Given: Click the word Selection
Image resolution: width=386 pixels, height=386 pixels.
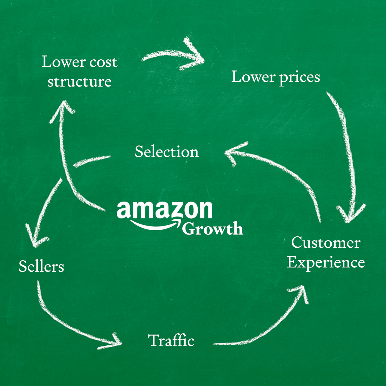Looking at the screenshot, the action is click(x=167, y=152).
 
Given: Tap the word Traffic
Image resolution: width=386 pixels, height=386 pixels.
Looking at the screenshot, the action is click(x=171, y=341).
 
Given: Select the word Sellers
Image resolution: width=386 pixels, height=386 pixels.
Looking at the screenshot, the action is click(x=41, y=266).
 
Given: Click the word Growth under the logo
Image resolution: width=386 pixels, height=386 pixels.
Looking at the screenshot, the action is click(x=212, y=228).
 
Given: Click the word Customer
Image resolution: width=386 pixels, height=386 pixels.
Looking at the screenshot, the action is click(x=326, y=243).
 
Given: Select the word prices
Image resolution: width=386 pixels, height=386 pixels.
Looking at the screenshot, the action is click(x=300, y=78).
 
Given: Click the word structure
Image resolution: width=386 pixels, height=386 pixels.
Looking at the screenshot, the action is click(x=79, y=81).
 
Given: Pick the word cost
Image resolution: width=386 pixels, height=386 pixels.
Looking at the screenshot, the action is click(x=103, y=62).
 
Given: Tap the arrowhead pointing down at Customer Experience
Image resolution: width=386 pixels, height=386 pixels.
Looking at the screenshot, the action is click(x=351, y=213).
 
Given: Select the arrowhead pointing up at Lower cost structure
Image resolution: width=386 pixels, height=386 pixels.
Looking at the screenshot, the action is click(x=62, y=111).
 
